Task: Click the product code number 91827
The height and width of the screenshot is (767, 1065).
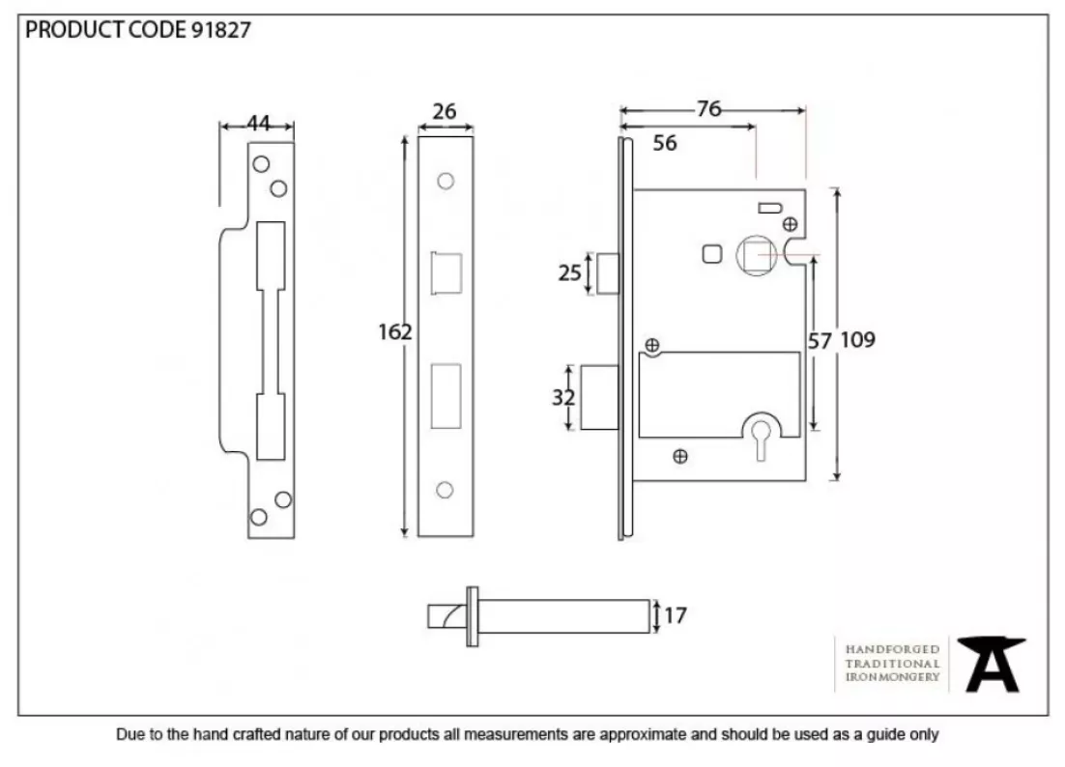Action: click(220, 30)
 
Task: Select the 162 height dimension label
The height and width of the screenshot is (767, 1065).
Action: click(394, 332)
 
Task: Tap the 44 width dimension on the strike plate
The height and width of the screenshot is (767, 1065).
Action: click(258, 123)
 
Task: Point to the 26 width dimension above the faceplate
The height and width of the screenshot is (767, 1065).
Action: click(445, 111)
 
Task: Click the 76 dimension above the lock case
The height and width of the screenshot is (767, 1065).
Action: click(708, 108)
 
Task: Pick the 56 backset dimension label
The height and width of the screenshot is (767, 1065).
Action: click(664, 143)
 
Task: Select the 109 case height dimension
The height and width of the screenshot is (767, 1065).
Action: click(857, 339)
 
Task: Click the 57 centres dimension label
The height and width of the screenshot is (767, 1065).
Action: click(820, 341)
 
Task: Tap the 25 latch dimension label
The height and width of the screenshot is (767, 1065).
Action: click(570, 272)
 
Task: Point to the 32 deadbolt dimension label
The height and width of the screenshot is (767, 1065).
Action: click(563, 397)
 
